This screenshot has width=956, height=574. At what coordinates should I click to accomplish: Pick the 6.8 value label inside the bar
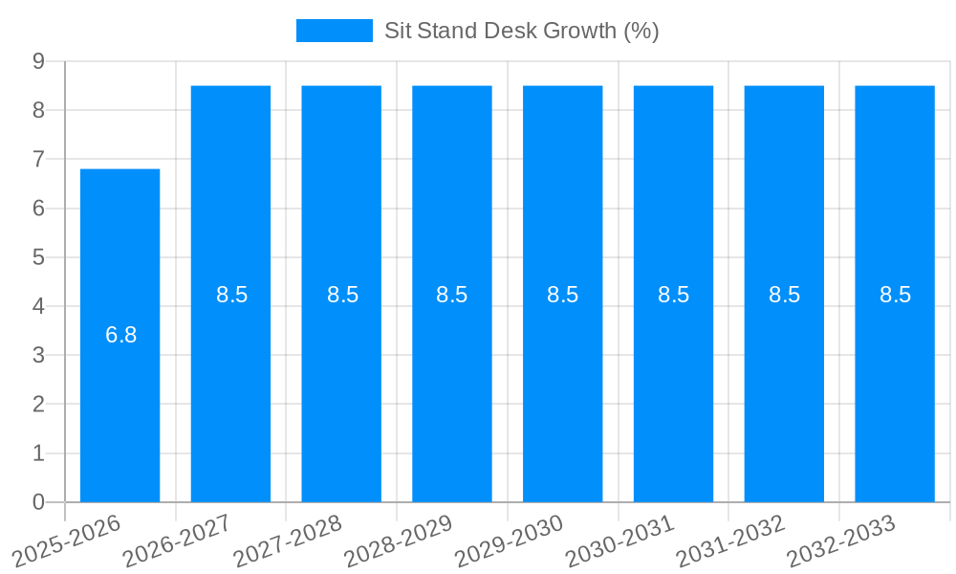121,335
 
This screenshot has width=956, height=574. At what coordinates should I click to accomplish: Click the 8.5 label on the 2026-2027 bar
231,295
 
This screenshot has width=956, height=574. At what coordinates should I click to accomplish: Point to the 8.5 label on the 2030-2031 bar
673,295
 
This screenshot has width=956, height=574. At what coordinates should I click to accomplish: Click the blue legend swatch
334,31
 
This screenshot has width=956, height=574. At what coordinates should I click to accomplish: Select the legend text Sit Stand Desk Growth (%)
521,31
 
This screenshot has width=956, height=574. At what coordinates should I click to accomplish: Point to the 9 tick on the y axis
39,61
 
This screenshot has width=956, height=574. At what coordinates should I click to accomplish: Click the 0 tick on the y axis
39,502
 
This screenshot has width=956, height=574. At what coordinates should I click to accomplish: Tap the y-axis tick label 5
39,257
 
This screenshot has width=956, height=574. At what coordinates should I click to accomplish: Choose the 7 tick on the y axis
39,159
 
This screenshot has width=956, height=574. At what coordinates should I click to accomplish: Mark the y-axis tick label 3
39,355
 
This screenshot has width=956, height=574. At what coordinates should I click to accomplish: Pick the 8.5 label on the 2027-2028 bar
342,295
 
